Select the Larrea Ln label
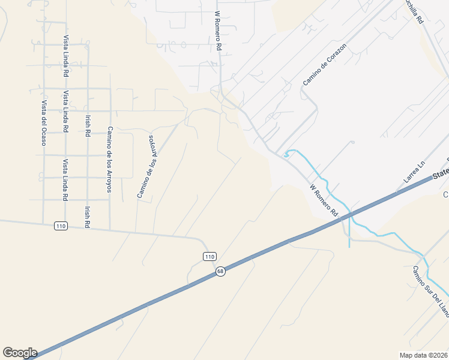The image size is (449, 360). pos(414,171)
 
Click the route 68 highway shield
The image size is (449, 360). pos(221,271)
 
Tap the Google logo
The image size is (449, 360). pos(20,353)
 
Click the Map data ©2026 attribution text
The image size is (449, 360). pos(423,355)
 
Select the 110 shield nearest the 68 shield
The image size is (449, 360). pos(209,256)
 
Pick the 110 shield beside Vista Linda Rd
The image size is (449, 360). pos(60,226)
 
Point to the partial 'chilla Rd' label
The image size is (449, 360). pos(412,12)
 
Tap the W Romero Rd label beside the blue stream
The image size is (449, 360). pos(324,200)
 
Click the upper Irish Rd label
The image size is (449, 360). pos(88,124)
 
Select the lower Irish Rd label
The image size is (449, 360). pos(88,216)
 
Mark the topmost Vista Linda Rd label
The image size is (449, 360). pos(65,55)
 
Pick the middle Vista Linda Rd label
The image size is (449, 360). pos(65,111)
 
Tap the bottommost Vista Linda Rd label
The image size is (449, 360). pos(65,180)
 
